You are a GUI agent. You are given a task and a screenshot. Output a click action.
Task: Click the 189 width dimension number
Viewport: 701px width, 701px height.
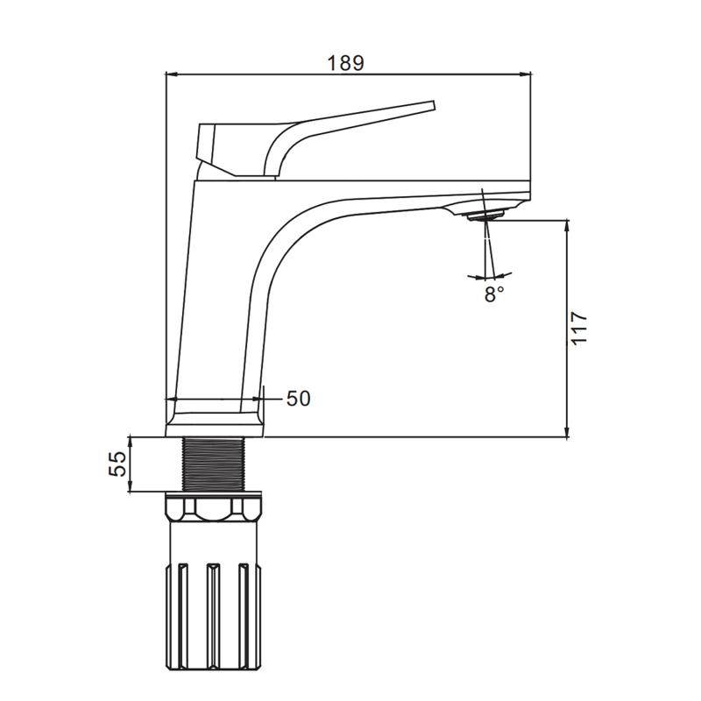tap(345, 63)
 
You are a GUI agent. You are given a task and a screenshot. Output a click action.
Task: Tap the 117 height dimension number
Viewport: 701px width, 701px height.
tap(579, 328)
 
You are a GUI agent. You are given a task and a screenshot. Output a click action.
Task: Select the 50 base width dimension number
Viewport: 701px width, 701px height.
tap(298, 399)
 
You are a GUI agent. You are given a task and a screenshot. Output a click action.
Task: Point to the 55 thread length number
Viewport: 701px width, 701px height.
tap(117, 464)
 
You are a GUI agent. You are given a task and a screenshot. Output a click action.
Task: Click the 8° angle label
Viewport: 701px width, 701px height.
tap(493, 294)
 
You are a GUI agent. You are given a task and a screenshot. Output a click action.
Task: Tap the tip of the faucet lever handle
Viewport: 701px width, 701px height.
tap(433, 104)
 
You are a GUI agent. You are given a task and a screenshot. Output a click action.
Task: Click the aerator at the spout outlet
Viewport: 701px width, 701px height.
tap(485, 216)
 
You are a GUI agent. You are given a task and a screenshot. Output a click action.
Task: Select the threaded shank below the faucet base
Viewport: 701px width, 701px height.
tap(213, 464)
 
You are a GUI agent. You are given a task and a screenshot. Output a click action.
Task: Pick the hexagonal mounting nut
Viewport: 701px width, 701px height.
tap(214, 509)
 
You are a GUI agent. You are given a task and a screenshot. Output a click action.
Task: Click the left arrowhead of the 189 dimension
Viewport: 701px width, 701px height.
tap(171, 74)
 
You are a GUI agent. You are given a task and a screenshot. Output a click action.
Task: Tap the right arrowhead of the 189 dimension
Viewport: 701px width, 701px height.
tap(525, 74)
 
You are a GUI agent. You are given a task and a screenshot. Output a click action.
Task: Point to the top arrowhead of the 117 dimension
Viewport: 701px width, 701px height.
tap(567, 226)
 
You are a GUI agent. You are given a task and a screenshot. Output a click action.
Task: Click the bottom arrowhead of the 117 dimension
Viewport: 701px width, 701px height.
tap(567, 431)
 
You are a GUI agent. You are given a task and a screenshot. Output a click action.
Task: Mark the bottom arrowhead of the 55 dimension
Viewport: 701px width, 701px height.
tap(130, 486)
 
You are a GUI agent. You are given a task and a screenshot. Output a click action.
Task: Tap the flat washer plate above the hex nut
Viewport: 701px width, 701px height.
tap(213, 494)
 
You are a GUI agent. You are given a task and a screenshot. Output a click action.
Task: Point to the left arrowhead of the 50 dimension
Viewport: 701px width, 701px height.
tap(172, 399)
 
